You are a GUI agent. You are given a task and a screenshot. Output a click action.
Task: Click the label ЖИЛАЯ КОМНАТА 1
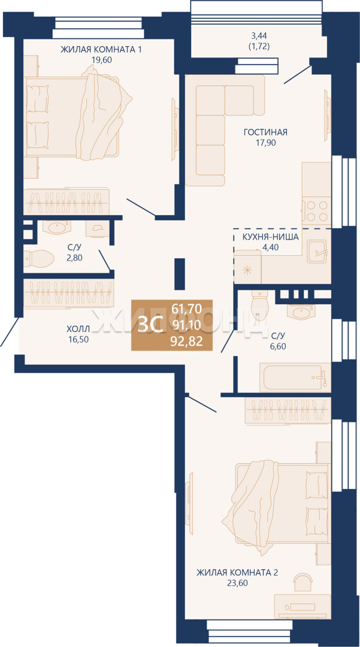click(x=101, y=50)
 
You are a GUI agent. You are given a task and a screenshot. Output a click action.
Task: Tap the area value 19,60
click(x=102, y=59)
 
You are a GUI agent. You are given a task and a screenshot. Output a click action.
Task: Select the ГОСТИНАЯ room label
click(x=265, y=132)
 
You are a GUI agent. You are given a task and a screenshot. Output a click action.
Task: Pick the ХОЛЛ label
click(x=78, y=329)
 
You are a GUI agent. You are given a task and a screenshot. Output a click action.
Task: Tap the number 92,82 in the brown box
click(x=187, y=341)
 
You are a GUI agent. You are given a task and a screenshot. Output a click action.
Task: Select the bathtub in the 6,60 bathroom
click(x=295, y=377)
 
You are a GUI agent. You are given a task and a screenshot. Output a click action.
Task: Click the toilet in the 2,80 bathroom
click(x=39, y=259)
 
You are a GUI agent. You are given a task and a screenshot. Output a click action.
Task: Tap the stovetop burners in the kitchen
click(x=316, y=211)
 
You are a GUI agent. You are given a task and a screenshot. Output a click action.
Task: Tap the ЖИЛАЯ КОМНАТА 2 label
click(x=237, y=572)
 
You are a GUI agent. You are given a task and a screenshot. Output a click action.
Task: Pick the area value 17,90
click(x=265, y=143)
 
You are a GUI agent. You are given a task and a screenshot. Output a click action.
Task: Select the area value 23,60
click(x=238, y=583)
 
